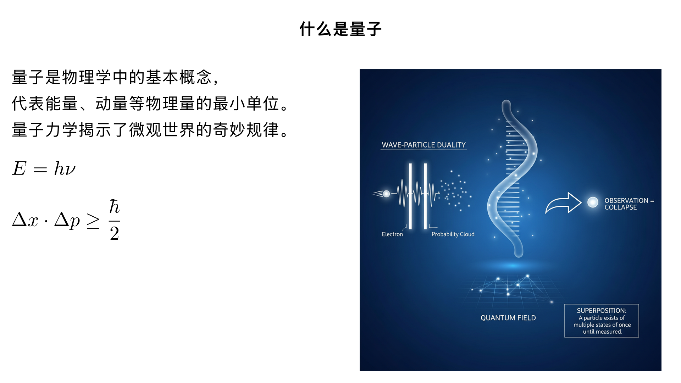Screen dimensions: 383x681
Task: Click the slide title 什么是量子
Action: pos(340,29)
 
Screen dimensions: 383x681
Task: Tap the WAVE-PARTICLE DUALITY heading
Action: pos(423,145)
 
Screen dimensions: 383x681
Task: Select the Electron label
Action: pos(392,234)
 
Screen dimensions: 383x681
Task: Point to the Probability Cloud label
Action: pos(453,234)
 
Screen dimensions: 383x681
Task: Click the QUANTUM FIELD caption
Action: pos(508,318)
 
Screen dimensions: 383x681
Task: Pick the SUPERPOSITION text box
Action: pos(601,321)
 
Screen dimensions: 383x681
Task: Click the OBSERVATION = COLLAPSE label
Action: pos(629,204)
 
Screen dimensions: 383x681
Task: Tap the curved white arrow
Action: pos(563,204)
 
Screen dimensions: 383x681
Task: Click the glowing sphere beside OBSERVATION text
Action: pos(593,202)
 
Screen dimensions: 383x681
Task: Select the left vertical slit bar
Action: pos(410,196)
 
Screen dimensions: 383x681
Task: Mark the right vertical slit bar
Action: pos(425,196)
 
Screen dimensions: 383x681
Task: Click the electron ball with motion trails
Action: pos(386,194)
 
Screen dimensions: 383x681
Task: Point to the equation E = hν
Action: pos(44,168)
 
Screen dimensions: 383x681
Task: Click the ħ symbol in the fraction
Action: pos(114,206)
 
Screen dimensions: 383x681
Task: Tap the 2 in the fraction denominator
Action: pos(114,233)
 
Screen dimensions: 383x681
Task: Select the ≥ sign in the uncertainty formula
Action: pos(93,221)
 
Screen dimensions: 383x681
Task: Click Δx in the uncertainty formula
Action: pos(25,220)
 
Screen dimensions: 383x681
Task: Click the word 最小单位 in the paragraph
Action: pos(246,104)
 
